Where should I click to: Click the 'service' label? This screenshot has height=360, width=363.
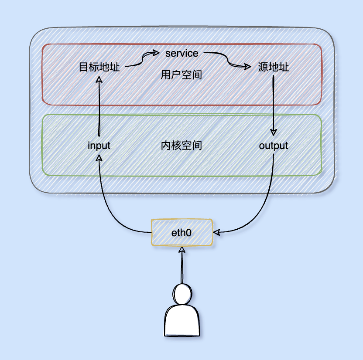181,53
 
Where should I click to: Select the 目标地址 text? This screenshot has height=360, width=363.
99,68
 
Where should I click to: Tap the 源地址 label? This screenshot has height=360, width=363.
274,68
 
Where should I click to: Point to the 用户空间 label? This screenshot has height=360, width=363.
181,75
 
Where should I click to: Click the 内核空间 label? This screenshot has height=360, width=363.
181,146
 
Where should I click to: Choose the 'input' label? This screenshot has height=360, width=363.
99,146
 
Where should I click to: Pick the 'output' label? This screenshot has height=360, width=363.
274,146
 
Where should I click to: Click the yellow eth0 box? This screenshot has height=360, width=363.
181,232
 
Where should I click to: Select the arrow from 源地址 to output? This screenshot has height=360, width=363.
274,105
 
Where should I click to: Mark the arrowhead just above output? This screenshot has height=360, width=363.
274,132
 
